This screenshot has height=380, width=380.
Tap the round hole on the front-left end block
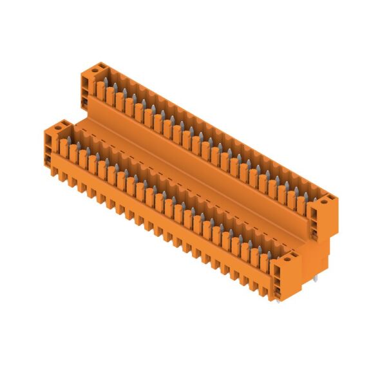point(58,128)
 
